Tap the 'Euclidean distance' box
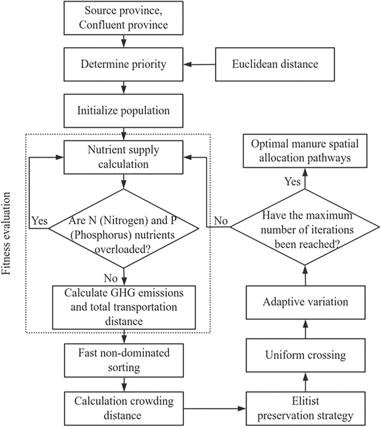pyautogui.click(x=275, y=64)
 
